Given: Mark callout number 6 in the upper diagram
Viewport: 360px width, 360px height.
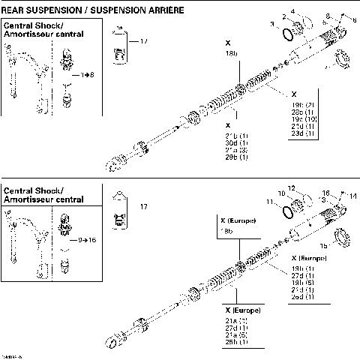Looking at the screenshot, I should (x=354, y=20).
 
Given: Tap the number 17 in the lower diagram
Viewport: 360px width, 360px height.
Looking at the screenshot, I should (x=143, y=206).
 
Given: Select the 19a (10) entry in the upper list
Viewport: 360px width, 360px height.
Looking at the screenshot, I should (x=302, y=118).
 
